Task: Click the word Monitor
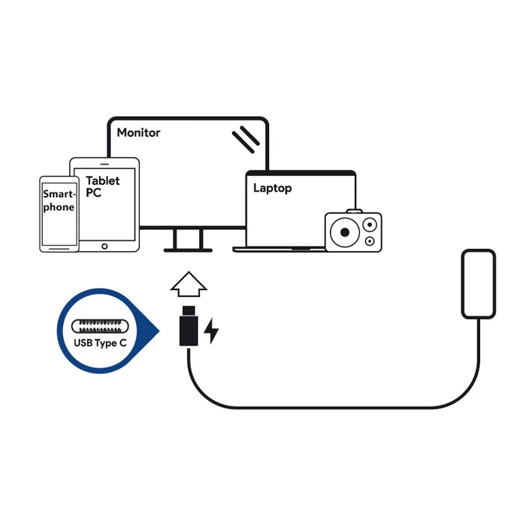138,132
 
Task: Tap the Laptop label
272,188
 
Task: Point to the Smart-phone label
59,200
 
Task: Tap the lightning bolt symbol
212,330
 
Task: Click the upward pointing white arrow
188,286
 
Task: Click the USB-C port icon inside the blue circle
101,328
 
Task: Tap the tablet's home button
104,245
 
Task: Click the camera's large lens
343,231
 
